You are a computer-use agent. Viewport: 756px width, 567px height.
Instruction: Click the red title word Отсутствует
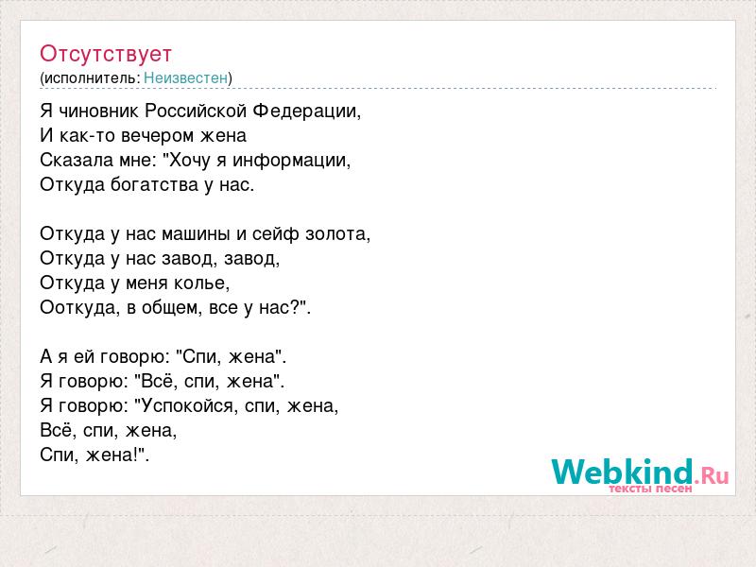click(x=106, y=54)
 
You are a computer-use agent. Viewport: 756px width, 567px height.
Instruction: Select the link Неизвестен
click(x=185, y=77)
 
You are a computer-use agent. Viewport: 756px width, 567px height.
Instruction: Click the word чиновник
click(x=99, y=111)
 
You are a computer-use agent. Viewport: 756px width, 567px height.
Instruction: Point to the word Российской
click(x=196, y=111)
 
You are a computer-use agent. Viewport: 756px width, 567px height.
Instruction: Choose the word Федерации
click(x=305, y=112)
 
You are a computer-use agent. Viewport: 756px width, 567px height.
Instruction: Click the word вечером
click(x=150, y=136)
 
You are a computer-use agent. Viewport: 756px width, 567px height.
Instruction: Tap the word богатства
click(x=154, y=184)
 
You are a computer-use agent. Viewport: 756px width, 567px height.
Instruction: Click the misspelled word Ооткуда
click(x=77, y=308)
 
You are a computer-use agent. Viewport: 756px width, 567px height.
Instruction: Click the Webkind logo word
click(x=622, y=472)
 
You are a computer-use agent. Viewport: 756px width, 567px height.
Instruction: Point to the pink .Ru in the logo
click(x=712, y=476)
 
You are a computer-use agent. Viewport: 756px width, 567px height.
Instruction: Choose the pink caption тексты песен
click(x=650, y=489)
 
